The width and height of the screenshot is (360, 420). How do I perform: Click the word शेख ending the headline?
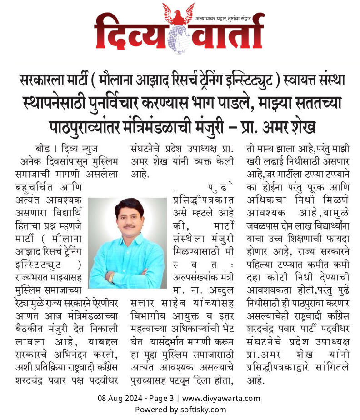[302, 126]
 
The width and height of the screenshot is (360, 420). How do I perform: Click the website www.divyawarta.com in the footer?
[221, 399]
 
